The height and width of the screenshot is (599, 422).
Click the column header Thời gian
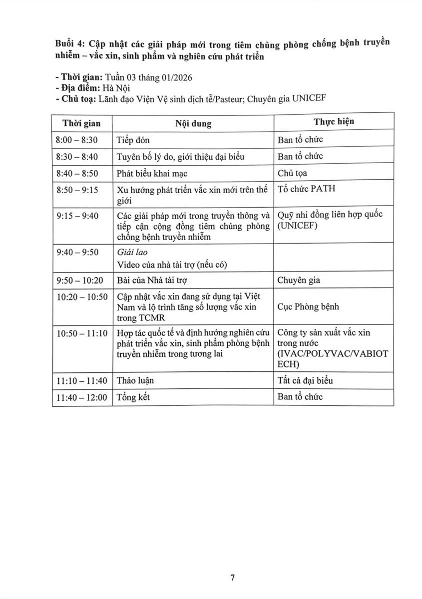81,123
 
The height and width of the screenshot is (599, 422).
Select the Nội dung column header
193,123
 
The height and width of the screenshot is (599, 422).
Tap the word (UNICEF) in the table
299,226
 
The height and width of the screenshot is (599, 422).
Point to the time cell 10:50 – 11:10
82,332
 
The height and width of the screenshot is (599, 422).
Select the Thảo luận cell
135,380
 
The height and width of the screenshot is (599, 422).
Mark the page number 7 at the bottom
232,578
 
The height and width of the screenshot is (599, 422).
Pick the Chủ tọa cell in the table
292,173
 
